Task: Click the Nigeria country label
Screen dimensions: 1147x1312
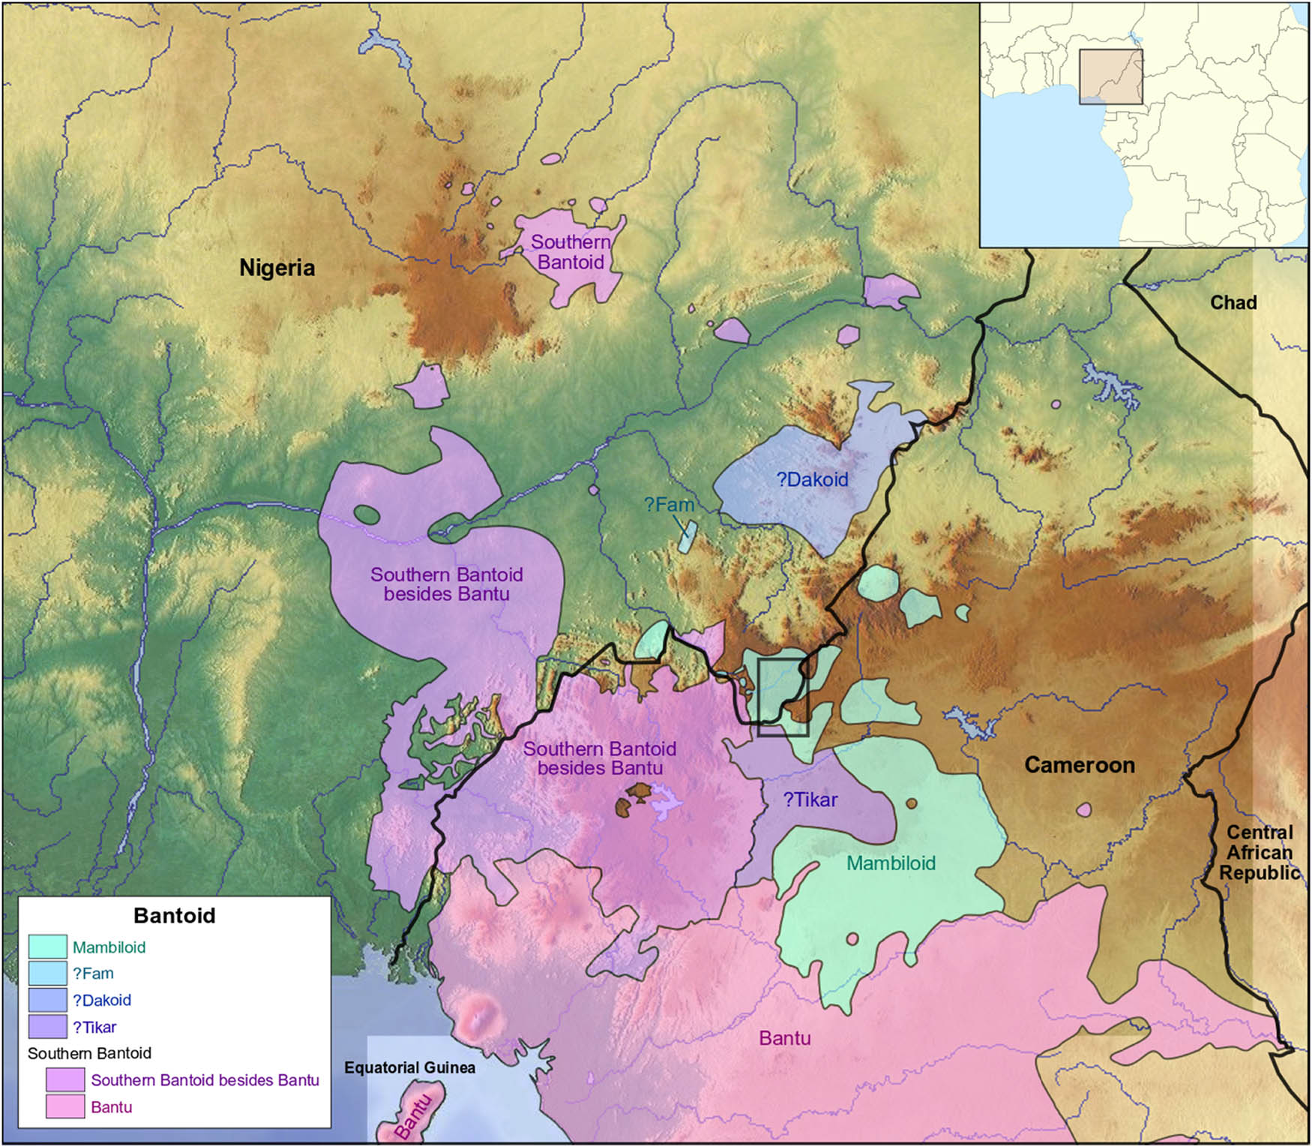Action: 277,268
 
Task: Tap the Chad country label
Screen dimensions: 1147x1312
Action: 1233,303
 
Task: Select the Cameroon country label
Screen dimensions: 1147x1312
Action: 1079,765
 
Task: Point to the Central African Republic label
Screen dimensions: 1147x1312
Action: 1259,853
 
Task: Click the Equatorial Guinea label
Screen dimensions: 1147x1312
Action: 409,1067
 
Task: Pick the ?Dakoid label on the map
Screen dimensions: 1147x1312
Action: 812,480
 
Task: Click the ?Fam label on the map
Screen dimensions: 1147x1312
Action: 669,506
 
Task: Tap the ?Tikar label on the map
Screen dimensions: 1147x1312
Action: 810,800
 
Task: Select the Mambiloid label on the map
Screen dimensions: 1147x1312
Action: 891,863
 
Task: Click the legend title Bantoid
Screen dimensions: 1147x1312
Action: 174,916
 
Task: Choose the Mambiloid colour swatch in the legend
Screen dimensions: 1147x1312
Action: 48,947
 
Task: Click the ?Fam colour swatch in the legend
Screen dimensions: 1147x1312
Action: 48,974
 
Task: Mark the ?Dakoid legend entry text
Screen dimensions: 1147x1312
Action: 102,1001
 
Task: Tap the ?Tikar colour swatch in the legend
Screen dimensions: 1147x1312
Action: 48,1027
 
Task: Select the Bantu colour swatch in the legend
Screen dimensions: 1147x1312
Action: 65,1107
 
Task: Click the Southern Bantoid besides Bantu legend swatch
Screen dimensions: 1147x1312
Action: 65,1080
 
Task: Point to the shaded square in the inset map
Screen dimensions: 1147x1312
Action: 1110,77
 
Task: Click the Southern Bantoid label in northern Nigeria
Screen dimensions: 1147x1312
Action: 571,252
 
